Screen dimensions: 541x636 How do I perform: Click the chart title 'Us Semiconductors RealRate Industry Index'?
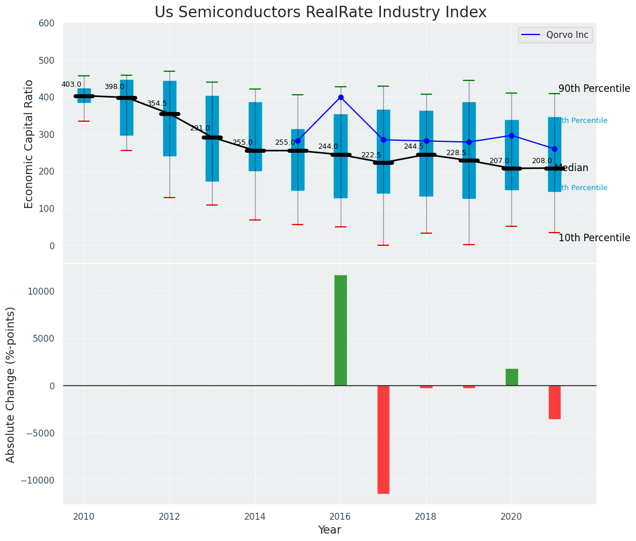point(320,13)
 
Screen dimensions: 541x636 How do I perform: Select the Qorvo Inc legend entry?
point(555,35)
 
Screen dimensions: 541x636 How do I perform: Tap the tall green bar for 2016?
point(341,330)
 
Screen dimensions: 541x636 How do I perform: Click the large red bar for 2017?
point(383,439)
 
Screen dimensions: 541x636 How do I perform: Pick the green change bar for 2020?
point(511,377)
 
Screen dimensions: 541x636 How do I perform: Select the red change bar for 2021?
point(554,402)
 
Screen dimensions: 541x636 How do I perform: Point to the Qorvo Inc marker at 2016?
point(341,98)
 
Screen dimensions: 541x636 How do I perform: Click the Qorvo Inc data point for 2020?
point(511,136)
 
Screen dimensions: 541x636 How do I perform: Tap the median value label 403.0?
point(71,84)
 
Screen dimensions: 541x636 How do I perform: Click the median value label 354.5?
point(157,103)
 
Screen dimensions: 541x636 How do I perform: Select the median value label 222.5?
point(371,155)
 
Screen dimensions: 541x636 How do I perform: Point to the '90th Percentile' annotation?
point(594,88)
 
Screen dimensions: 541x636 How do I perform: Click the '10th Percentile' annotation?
point(594,238)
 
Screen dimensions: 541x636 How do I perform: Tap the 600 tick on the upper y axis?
point(47,24)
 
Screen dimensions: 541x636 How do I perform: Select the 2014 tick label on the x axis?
point(255,516)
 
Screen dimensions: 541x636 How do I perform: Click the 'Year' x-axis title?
point(330,530)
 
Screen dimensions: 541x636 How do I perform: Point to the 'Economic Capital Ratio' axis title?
point(29,143)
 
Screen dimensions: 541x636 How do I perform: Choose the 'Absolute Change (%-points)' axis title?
point(11,384)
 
